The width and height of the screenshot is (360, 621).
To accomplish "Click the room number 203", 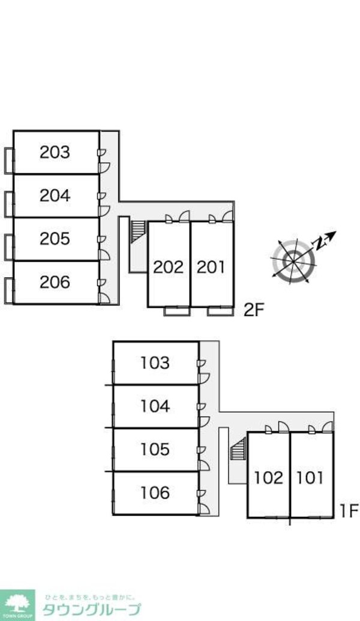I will (55, 152).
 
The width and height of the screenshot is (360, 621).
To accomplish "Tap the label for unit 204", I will (55, 196).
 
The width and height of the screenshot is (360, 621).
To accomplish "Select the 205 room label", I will (55, 239).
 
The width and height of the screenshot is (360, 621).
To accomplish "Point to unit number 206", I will (55, 281).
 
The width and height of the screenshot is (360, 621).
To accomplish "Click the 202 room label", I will (168, 266).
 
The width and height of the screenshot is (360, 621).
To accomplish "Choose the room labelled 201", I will (211, 266).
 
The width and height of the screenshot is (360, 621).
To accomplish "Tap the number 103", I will (155, 363).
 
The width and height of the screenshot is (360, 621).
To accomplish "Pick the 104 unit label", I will (155, 406).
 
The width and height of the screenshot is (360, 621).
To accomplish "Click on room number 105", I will (155, 449).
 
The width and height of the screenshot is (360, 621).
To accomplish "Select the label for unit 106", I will (155, 493).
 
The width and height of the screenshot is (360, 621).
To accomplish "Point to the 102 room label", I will (268, 478).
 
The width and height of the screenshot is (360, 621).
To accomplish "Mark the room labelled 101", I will (310, 478).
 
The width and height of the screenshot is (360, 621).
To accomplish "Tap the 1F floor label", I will (349, 511).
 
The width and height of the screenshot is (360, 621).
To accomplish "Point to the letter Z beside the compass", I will (322, 243).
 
